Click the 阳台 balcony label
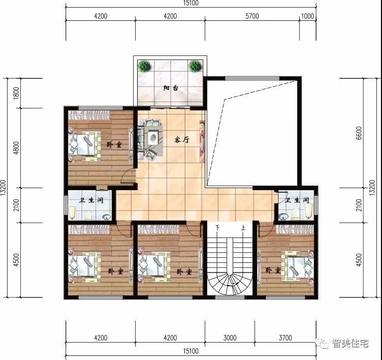click(x=171, y=88)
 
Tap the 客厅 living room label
click(x=182, y=140)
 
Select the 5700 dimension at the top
click(x=252, y=16)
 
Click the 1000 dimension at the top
click(x=307, y=16)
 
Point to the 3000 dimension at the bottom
click(x=230, y=338)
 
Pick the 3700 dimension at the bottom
click(x=285, y=338)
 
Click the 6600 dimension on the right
click(x=359, y=133)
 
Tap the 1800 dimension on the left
click(x=16, y=93)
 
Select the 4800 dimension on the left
click(x=16, y=148)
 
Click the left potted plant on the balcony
click(x=144, y=66)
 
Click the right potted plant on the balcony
click(x=195, y=66)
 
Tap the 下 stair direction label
click(x=217, y=228)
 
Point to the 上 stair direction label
click(x=243, y=228)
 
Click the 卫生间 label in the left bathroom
click(x=91, y=200)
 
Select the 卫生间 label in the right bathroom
click(x=297, y=200)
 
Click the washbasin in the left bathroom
click(x=106, y=217)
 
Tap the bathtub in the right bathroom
click(x=309, y=210)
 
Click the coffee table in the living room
click(x=153, y=138)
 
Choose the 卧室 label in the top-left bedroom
click(x=114, y=144)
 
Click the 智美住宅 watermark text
click(x=351, y=343)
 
